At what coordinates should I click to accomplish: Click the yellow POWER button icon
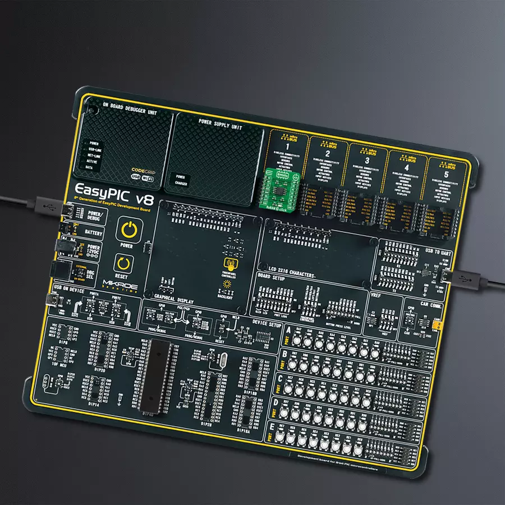pos(129,231)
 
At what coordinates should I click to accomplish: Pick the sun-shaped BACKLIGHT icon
pos(227,285)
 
